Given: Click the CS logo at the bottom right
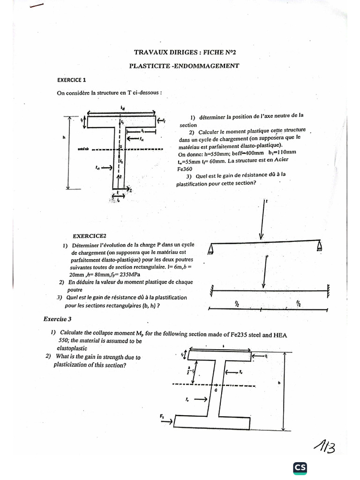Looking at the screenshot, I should click(300, 467).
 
